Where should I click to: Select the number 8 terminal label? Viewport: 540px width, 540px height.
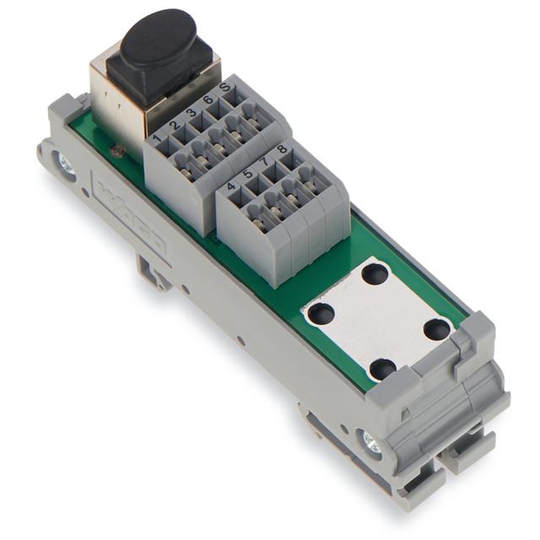(x=282, y=149)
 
